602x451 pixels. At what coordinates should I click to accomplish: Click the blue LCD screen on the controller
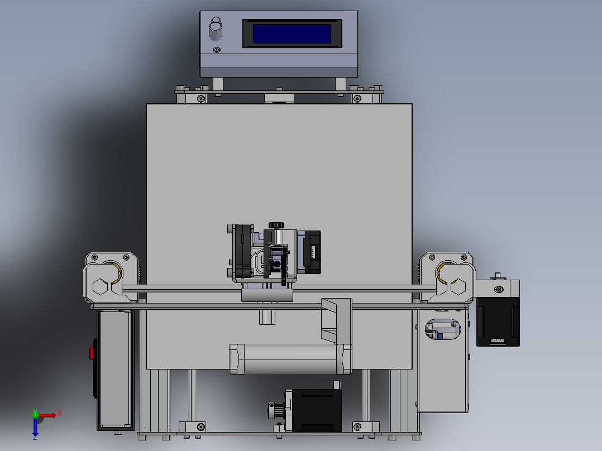tap(292, 33)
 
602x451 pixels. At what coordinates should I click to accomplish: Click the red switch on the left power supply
tap(92, 353)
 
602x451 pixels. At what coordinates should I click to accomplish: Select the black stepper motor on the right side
tap(498, 321)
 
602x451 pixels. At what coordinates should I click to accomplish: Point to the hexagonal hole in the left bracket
tap(99, 287)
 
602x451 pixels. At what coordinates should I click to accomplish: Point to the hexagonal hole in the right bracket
tap(457, 287)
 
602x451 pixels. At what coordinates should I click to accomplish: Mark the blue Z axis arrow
tap(35, 428)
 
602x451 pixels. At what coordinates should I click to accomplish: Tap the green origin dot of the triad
tap(35, 415)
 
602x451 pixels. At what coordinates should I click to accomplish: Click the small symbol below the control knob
tap(216, 50)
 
